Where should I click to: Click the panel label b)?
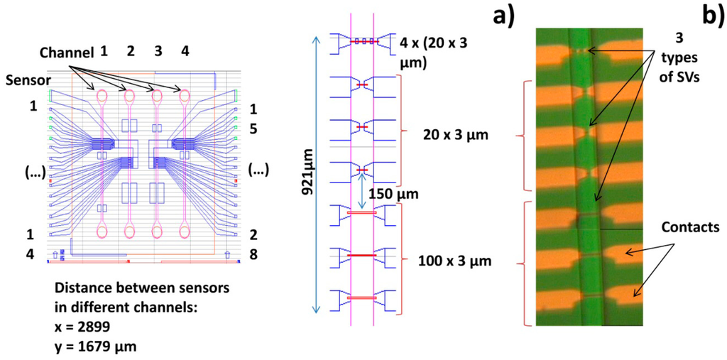[x=710, y=16]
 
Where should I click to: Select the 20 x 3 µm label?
[x=446, y=134]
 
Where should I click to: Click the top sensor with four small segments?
[x=362, y=42]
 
